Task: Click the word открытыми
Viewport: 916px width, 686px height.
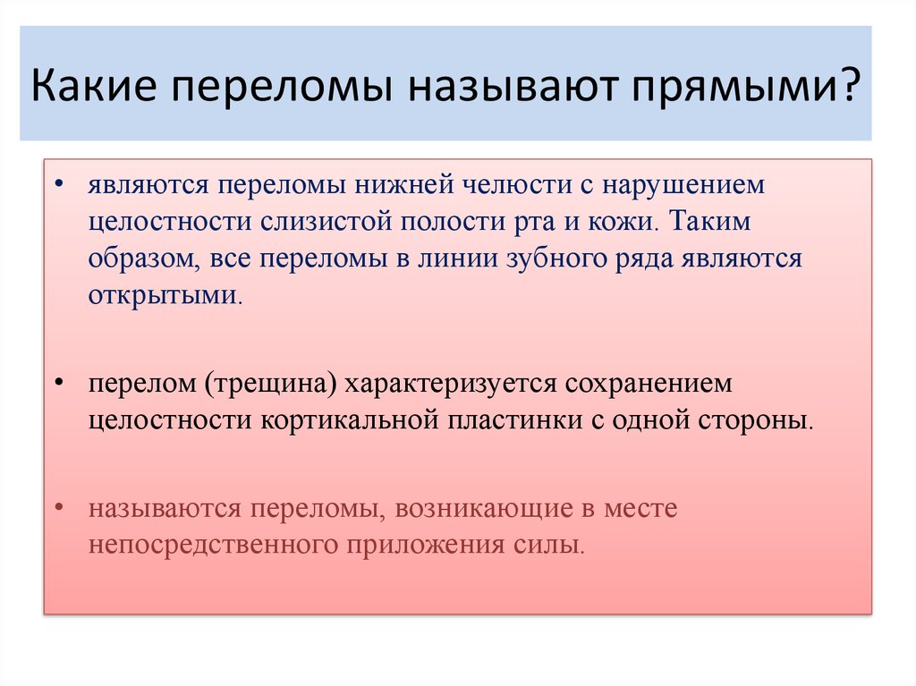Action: tap(165, 295)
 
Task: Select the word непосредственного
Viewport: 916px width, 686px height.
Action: tap(208, 545)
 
